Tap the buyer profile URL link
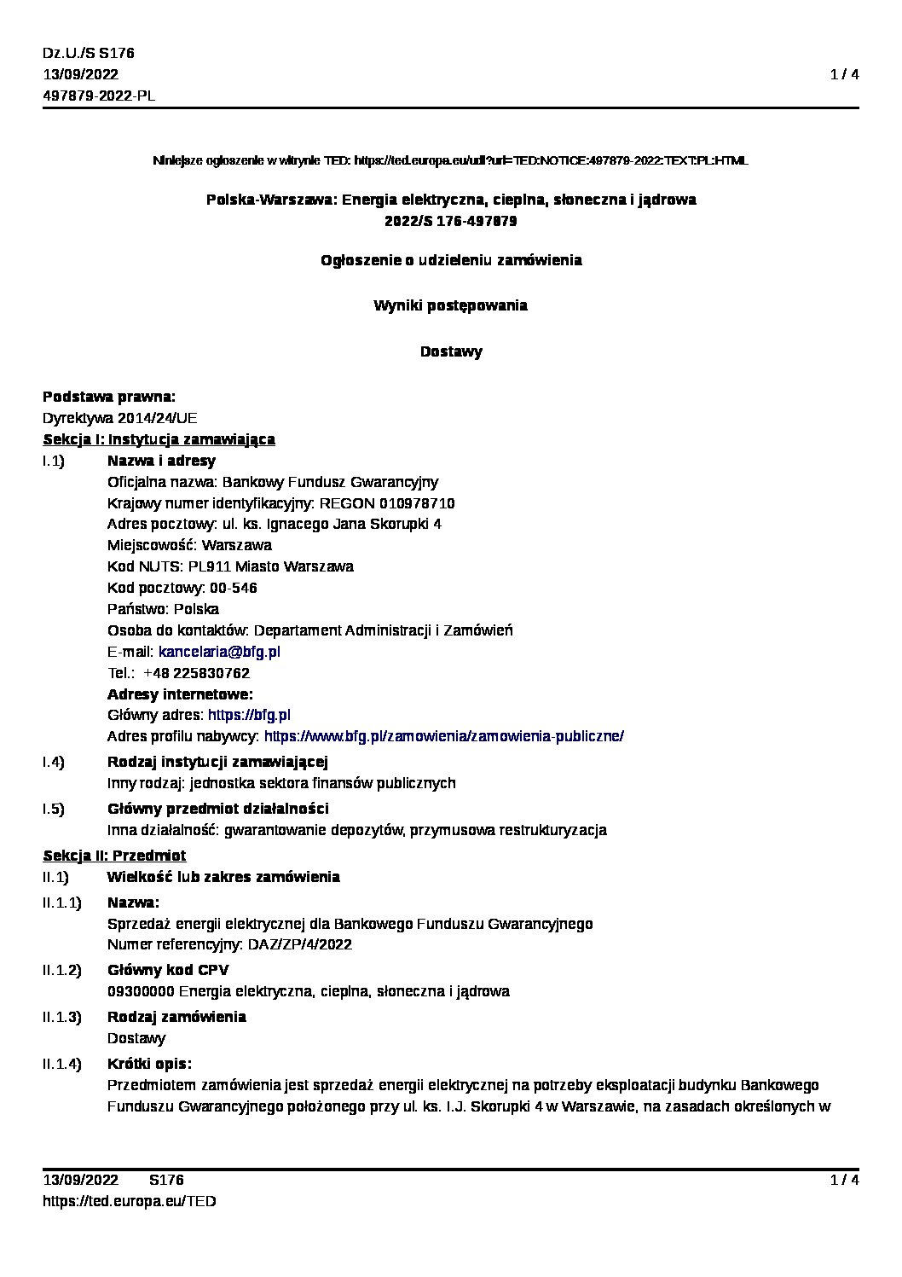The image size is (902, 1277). pos(443,736)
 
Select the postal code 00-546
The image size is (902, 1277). pos(233,588)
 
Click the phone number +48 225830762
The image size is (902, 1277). pos(196,673)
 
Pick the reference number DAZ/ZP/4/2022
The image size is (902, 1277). pos(299,944)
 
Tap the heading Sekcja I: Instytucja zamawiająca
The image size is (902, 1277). pos(159,439)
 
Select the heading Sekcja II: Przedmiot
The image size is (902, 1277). pos(114,856)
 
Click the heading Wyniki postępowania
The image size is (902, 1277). pos(450,305)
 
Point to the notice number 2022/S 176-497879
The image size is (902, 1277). pos(450,221)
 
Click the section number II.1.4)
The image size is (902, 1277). pos(61,1064)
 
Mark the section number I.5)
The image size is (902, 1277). pos(54,809)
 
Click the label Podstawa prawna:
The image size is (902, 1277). pos(109,397)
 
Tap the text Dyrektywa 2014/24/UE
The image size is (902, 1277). pos(119,418)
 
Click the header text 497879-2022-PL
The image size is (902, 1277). pos(99,96)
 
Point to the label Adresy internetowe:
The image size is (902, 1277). pos(180,694)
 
